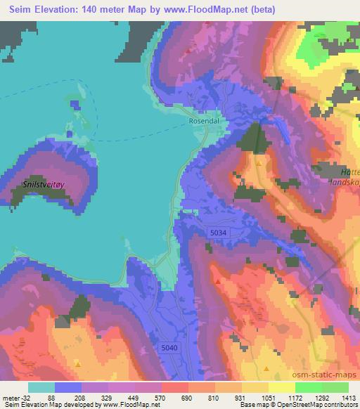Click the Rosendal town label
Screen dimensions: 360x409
pos(204,120)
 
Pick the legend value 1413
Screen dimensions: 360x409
pos(348,397)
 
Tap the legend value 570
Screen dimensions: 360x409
pos(161,397)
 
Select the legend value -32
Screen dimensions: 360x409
pos(25,397)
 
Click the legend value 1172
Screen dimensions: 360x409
pos(295,397)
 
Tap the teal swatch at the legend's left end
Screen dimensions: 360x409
pos(41,387)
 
